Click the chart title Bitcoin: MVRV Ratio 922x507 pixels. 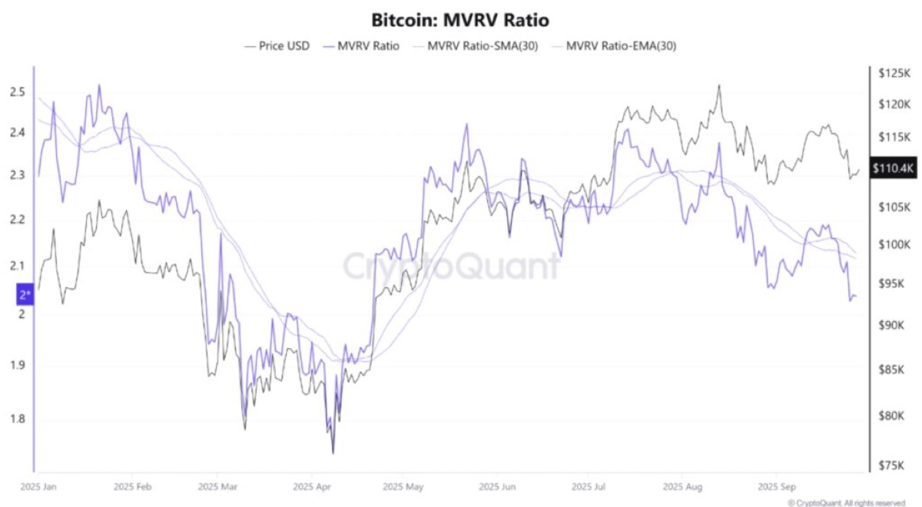click(460, 19)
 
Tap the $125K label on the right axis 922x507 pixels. click(890, 73)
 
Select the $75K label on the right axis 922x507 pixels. click(890, 465)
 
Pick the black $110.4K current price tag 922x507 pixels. click(892, 167)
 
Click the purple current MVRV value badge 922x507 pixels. click(24, 294)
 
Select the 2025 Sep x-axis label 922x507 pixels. click(777, 487)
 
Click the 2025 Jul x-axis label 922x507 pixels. click(589, 487)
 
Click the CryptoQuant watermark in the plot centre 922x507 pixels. click(451, 267)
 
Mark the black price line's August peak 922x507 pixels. click(719, 85)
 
